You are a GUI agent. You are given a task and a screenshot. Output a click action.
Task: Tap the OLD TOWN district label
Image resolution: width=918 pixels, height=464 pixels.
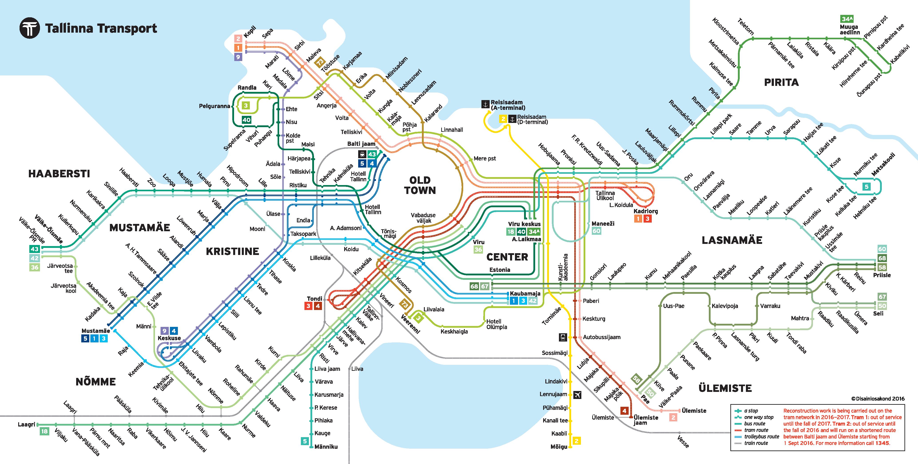pos(420,185)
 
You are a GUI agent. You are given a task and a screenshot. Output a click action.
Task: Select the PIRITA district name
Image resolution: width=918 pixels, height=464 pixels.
pos(781,83)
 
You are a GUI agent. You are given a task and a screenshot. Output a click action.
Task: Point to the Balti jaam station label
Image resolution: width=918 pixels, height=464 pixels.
pos(361,144)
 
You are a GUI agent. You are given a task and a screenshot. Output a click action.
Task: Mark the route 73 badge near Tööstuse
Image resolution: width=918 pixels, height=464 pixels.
pos(320,63)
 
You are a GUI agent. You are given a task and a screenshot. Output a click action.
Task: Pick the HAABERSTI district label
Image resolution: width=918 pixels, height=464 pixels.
pos(59,174)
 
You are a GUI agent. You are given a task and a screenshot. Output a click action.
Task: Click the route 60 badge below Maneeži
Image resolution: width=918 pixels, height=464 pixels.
pos(596,231)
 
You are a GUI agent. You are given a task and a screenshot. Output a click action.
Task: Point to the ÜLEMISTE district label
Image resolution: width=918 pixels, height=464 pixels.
pos(725,388)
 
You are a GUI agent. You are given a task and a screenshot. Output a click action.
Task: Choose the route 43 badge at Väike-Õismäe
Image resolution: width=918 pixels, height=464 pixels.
pos(35,249)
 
